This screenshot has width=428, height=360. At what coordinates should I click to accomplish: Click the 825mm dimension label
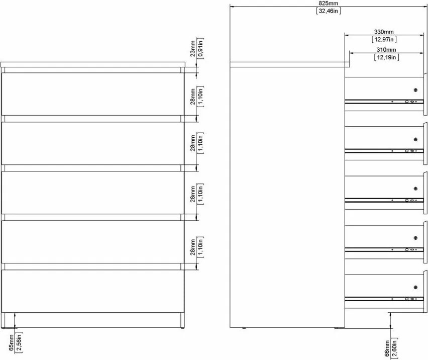click(x=329, y=4)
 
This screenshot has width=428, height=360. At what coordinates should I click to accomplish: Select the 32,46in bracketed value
click(x=329, y=11)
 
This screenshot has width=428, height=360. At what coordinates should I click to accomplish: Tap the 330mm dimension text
click(x=384, y=32)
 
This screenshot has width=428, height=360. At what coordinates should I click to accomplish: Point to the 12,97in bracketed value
click(x=384, y=39)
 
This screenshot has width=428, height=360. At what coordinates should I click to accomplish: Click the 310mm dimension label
click(x=386, y=50)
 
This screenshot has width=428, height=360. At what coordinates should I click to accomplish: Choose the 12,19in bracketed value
click(x=386, y=57)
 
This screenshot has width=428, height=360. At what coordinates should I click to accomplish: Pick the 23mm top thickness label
click(x=193, y=49)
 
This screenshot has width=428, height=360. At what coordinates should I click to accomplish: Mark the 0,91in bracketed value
click(x=200, y=48)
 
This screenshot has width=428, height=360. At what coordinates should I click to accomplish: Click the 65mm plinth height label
click(x=11, y=342)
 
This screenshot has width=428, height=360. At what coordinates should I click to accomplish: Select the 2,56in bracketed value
click(x=19, y=342)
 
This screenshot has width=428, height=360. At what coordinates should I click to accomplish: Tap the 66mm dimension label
click(x=387, y=348)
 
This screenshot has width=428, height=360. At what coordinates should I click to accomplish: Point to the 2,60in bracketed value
click(x=394, y=348)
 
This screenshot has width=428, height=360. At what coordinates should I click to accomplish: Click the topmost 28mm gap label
click(x=193, y=97)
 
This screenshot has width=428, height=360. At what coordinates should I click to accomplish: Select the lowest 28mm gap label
click(x=193, y=247)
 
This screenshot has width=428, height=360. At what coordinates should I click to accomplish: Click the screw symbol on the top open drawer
click(x=415, y=90)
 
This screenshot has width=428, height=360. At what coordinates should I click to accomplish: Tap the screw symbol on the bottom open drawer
click(x=415, y=287)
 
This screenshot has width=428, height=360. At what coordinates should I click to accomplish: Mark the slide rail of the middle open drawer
click(x=384, y=200)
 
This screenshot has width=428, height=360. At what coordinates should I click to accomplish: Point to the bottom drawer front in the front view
click(x=93, y=291)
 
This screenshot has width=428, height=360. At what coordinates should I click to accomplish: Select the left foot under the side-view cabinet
click(x=244, y=328)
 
